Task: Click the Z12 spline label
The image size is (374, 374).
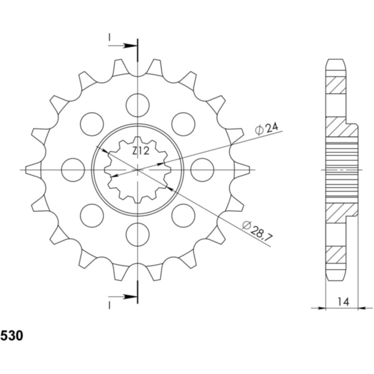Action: tap(140, 150)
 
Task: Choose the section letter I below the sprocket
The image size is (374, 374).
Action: tap(109, 304)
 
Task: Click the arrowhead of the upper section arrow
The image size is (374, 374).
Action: tap(132, 46)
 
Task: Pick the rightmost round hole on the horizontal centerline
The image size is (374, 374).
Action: tap(202, 169)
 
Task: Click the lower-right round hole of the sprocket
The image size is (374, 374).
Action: tap(183, 215)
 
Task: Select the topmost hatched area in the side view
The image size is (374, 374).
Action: tap(335, 84)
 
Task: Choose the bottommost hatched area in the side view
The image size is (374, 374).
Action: tap(335, 254)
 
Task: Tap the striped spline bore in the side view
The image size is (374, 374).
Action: tap(342, 170)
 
